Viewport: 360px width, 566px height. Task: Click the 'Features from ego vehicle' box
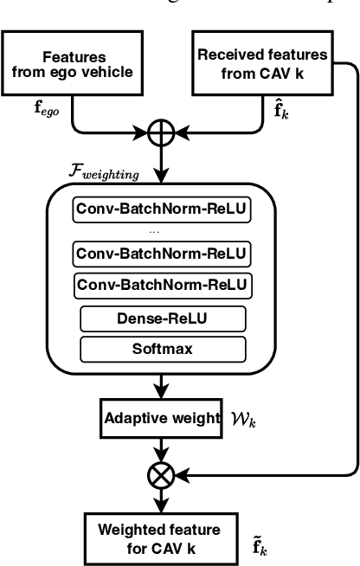[x=68, y=64]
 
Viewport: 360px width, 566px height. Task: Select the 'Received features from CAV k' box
[x=262, y=62]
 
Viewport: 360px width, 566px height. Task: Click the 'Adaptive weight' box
[x=161, y=419]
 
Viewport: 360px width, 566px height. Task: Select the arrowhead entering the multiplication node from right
[x=181, y=473]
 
